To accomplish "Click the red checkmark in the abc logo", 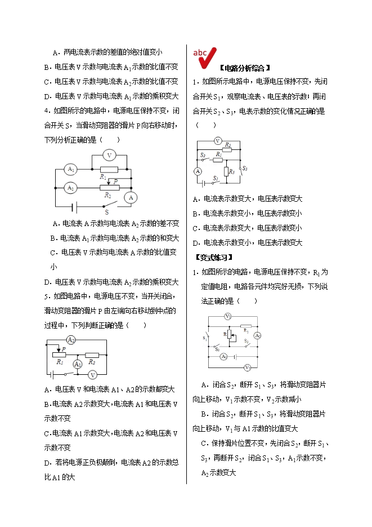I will (x=207, y=57).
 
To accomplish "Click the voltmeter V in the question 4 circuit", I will (x=110, y=155).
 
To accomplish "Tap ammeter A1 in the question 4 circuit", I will (x=70, y=169).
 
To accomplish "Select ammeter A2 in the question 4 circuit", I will (x=70, y=187).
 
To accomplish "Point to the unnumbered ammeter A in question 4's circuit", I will (x=131, y=197).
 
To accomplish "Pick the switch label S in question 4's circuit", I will (x=106, y=212).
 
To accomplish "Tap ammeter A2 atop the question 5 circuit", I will (x=71, y=339).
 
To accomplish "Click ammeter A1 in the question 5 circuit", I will (x=78, y=364).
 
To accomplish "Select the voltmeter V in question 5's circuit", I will (x=93, y=374).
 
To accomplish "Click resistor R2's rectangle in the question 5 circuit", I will (x=92, y=355).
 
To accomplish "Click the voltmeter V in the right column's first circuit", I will (x=218, y=141).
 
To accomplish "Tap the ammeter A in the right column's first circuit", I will (x=198, y=171).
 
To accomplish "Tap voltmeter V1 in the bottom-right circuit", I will (x=248, y=367).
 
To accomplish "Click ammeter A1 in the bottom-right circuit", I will (x=223, y=356).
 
